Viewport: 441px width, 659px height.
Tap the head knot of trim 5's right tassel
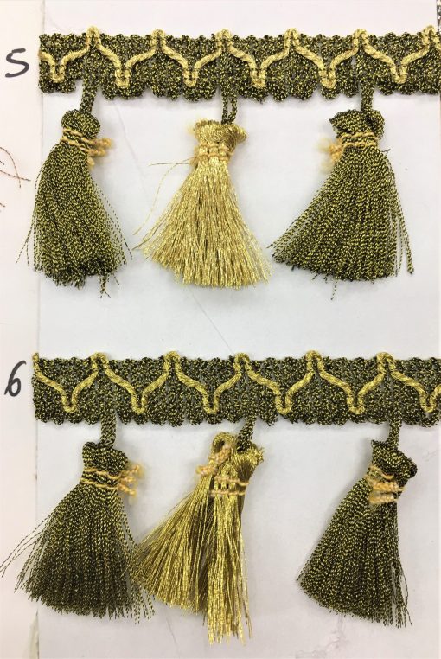(352, 123)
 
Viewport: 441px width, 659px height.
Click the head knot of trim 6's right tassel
(393, 457)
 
